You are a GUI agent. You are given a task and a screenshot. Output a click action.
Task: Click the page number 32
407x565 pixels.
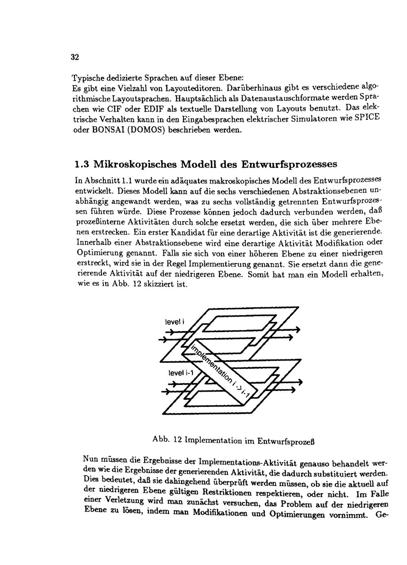tap(75, 57)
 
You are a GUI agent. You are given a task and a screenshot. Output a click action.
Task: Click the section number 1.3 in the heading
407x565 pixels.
tap(83, 165)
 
